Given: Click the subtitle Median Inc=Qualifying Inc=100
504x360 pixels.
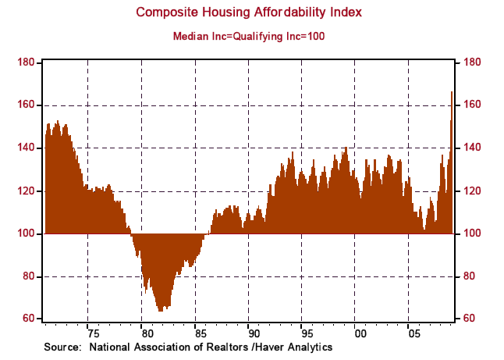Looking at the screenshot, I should [251, 35].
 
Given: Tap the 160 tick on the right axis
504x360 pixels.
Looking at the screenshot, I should [474, 105].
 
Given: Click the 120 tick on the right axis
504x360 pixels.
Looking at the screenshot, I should [474, 191].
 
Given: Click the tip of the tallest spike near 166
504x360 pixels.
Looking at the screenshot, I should [451, 92].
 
